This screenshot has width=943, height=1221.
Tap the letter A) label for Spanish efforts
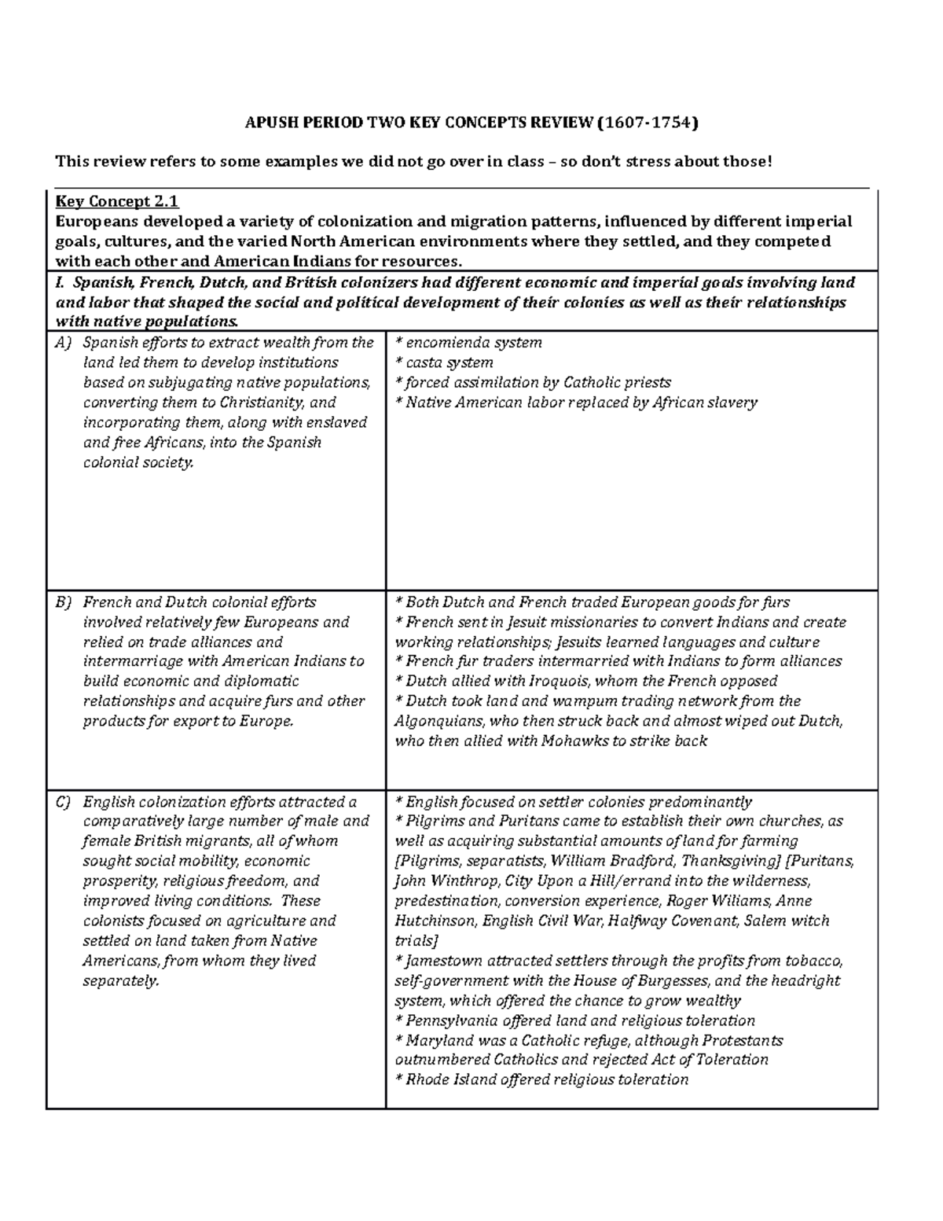click(64, 343)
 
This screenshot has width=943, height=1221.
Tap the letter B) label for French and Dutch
click(64, 602)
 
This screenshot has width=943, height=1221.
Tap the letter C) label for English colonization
click(64, 802)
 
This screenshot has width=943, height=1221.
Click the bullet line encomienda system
click(468, 343)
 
